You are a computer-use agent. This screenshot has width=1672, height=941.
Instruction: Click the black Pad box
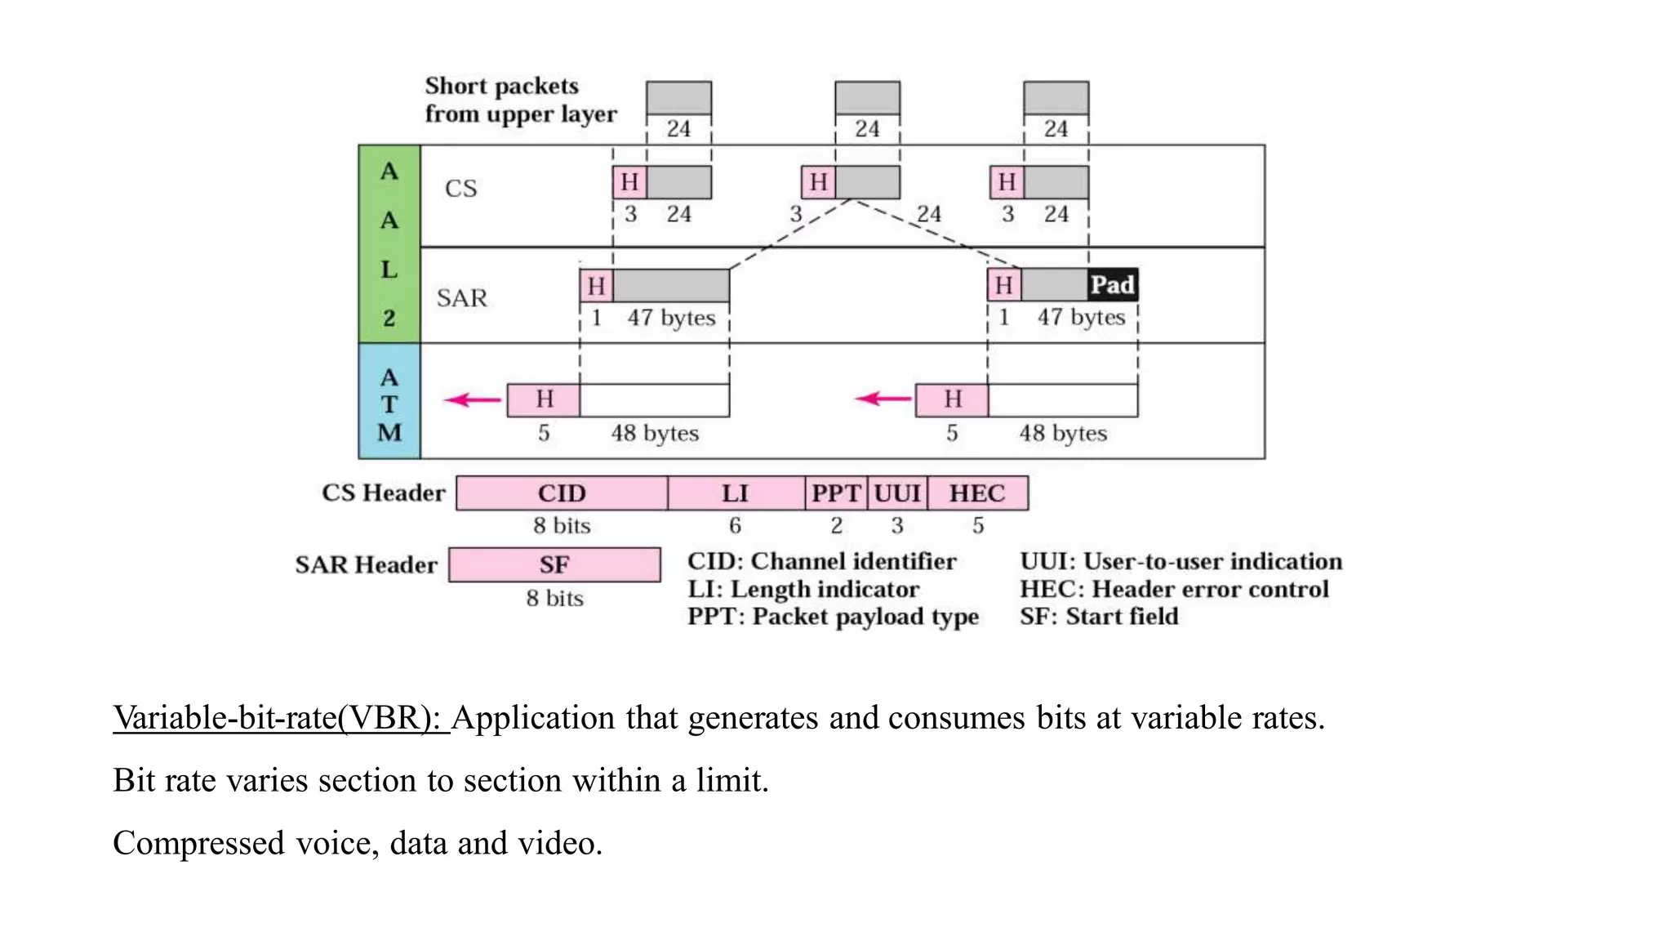click(x=1112, y=285)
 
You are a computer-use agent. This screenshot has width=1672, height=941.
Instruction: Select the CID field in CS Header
click(x=562, y=493)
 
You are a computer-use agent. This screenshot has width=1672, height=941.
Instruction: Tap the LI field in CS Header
click(x=735, y=493)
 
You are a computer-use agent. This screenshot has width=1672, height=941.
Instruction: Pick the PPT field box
click(x=836, y=493)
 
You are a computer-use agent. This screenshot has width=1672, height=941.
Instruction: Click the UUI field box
click(x=897, y=493)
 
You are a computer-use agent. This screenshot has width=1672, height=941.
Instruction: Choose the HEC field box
click(x=977, y=493)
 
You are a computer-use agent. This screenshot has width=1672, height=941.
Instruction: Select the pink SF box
click(x=554, y=565)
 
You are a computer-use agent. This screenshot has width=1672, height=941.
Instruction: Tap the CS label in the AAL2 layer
click(x=460, y=189)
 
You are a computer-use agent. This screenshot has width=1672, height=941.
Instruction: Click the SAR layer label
click(x=461, y=298)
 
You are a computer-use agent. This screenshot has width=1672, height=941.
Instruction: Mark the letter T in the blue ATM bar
click(x=389, y=405)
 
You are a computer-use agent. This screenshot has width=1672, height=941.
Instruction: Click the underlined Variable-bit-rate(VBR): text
click(x=280, y=718)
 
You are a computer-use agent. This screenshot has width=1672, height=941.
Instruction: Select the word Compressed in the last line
click(x=198, y=843)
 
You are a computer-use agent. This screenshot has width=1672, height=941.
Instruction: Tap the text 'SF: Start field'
click(x=1098, y=617)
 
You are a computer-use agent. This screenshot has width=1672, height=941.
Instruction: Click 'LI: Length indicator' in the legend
click(x=803, y=590)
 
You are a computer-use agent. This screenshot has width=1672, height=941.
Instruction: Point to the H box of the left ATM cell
click(x=544, y=399)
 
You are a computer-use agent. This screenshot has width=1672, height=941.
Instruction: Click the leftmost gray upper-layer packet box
click(x=678, y=98)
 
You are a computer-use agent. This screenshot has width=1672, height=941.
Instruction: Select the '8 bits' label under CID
click(x=562, y=526)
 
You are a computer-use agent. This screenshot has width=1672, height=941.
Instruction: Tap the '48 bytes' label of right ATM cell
click(x=1062, y=434)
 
